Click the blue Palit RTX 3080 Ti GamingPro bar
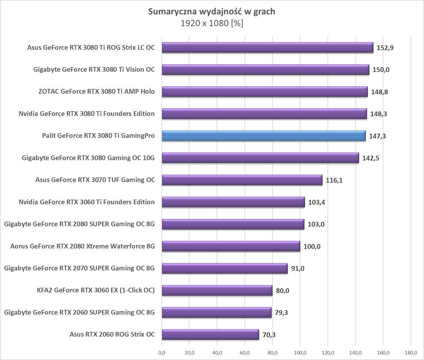[x=264, y=136]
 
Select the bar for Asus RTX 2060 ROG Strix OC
[x=210, y=334]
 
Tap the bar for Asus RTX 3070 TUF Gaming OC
[x=242, y=180]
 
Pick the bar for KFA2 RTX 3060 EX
[x=217, y=290]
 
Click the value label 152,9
[x=385, y=48]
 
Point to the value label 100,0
[x=312, y=246]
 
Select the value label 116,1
[x=334, y=180]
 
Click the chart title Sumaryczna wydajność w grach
[x=212, y=12]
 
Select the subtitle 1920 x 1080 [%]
[x=212, y=23]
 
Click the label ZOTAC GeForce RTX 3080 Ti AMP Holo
[x=96, y=91]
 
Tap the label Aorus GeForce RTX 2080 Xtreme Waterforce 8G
[x=83, y=246]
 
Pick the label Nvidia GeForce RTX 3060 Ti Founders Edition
[x=87, y=202]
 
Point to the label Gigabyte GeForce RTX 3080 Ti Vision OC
[x=94, y=69]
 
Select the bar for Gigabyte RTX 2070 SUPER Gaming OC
[x=225, y=268]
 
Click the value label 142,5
[x=371, y=158]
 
